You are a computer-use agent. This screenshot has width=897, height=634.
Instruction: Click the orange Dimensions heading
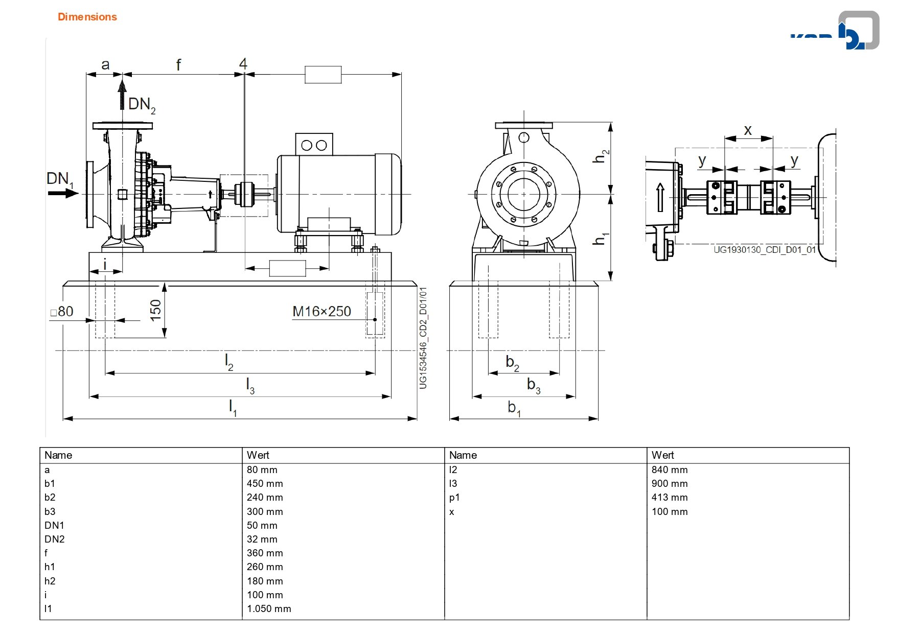[x=87, y=17]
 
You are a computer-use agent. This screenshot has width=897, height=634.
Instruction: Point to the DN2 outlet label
[x=142, y=105]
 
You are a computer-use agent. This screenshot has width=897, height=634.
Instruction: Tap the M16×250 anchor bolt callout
[x=321, y=311]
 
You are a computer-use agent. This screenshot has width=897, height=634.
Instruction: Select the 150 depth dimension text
[x=155, y=310]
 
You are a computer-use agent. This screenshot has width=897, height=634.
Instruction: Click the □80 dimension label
[x=62, y=311]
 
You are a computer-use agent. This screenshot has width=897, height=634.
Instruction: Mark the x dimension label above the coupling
[x=748, y=130]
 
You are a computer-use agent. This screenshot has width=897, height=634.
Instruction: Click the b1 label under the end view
[x=514, y=408]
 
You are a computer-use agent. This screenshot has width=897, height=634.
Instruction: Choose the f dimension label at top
[x=178, y=65]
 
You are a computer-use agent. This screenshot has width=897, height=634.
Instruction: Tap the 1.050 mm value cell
[x=269, y=608]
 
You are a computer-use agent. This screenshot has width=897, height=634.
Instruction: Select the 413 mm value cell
[x=670, y=497]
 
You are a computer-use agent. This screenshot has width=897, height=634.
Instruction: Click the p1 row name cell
[x=454, y=498]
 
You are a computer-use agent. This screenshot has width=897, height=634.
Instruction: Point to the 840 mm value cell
[x=670, y=469]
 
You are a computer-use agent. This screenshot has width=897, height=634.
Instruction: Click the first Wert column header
[x=258, y=455]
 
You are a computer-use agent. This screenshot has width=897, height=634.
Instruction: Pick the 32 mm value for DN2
[x=262, y=539]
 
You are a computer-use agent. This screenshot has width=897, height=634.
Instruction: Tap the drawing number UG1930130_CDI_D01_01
[x=765, y=250]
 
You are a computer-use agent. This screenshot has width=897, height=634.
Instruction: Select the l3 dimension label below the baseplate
[x=250, y=385]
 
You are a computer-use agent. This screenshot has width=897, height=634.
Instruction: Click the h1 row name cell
[x=50, y=567]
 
